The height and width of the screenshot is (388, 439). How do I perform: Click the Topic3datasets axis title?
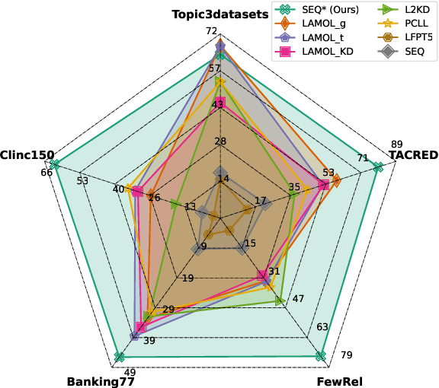(219, 14)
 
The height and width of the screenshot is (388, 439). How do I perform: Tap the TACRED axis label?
(413, 154)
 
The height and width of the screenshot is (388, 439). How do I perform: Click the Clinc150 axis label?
(27, 154)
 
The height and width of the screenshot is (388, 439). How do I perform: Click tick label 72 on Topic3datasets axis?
(212, 31)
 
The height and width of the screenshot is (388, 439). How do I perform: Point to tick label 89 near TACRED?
(396, 144)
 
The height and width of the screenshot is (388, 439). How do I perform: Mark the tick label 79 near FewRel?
(345, 354)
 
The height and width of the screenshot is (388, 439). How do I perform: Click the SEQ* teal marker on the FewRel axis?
(320, 356)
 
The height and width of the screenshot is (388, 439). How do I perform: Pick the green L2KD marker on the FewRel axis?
(280, 301)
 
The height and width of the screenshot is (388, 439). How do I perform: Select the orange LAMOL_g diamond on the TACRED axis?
(335, 180)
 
